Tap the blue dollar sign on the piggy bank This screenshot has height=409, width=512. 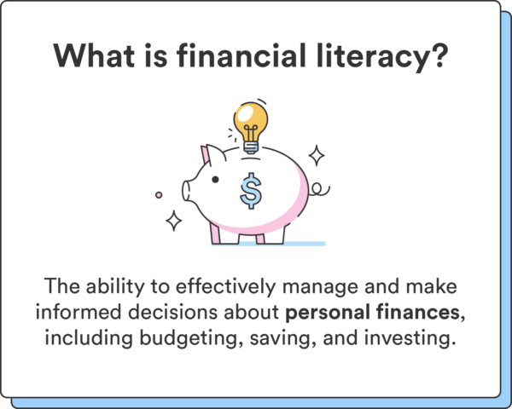click(251, 190)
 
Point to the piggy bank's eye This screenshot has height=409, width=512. click(215, 179)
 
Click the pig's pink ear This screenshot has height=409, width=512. click(206, 157)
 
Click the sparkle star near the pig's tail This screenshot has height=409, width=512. click(317, 155)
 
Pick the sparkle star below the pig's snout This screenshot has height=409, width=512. click(174, 221)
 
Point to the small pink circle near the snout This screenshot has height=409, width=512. click(159, 194)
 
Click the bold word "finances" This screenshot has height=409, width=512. click(420, 313)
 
